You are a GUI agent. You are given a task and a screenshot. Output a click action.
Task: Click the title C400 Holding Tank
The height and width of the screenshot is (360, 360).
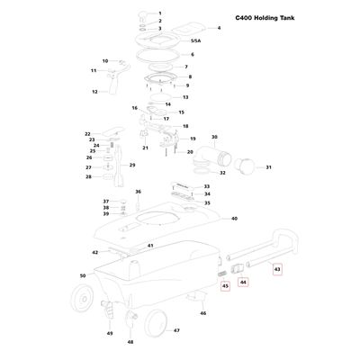pos(265,18)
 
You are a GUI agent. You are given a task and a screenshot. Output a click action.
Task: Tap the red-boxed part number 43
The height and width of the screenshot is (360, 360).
pos(277,269)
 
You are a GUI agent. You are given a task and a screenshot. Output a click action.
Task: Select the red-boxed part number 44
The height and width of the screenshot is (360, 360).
pos(243,282)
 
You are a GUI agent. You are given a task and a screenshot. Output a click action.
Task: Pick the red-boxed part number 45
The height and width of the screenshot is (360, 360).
pos(225,286)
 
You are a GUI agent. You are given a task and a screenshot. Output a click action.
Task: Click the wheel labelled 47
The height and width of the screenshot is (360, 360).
pos(156,323)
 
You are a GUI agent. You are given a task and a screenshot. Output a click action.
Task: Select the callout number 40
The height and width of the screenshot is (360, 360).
pos(234,219)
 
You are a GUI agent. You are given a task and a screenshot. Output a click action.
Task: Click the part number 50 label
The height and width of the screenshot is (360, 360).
pos(83,275)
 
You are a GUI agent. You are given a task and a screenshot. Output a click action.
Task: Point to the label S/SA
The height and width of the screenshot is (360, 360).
pos(196,40)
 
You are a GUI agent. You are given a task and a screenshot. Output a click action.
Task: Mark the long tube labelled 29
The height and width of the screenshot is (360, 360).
pos(119,166)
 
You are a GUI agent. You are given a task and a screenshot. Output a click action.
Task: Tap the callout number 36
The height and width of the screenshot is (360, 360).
pos(138,192)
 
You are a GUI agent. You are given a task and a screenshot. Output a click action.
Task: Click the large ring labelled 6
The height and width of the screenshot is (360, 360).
pos(158,55)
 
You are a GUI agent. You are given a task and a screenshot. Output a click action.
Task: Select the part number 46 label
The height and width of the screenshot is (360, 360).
pos(203,313)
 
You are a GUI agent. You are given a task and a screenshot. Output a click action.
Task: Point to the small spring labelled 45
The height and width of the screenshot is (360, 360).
pos(221,274)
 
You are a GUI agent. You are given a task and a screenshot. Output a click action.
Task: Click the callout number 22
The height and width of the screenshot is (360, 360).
pos(87,134)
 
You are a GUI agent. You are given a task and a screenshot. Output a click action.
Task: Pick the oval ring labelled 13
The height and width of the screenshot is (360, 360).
pos(161,97)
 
